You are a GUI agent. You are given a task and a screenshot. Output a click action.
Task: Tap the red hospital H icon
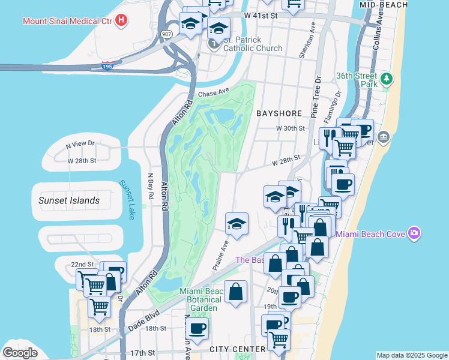(122, 20)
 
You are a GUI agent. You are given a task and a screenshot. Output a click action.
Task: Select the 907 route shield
(166, 35)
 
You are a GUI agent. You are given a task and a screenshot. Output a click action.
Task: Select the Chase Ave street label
(214, 93)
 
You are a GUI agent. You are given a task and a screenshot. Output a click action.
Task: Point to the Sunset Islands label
(69, 200)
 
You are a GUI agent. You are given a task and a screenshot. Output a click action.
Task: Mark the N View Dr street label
(80, 144)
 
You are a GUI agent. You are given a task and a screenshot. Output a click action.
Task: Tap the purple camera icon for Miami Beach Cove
(413, 233)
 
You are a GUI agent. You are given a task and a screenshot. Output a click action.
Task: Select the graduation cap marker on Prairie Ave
(237, 224)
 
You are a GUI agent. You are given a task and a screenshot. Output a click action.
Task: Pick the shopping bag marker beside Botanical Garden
(236, 292)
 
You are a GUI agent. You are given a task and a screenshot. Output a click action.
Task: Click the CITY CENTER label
(237, 349)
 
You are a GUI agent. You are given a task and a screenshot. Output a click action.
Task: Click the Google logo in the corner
(20, 352)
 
